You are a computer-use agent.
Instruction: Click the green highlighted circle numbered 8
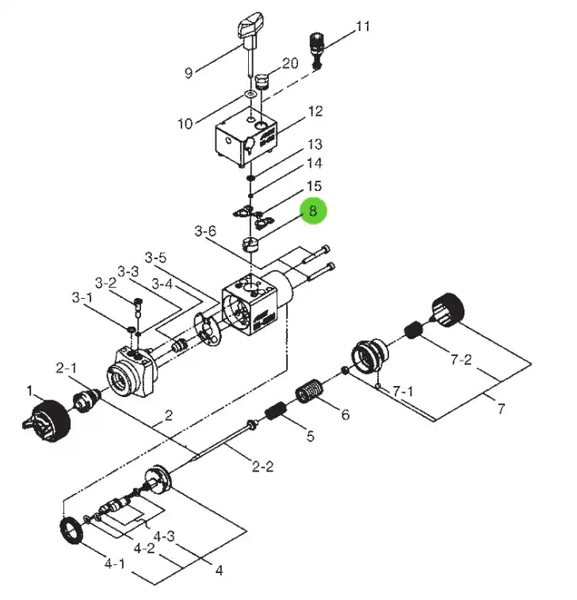[313, 211]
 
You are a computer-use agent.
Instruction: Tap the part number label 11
[363, 26]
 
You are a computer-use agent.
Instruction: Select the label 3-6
[205, 231]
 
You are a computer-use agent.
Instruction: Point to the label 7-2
[461, 360]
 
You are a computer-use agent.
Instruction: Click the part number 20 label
[290, 63]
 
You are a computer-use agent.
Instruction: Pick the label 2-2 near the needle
[262, 467]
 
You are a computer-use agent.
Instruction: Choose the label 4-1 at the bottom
[114, 564]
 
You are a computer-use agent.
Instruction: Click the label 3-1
[82, 297]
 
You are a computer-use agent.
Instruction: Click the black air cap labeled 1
[48, 420]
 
